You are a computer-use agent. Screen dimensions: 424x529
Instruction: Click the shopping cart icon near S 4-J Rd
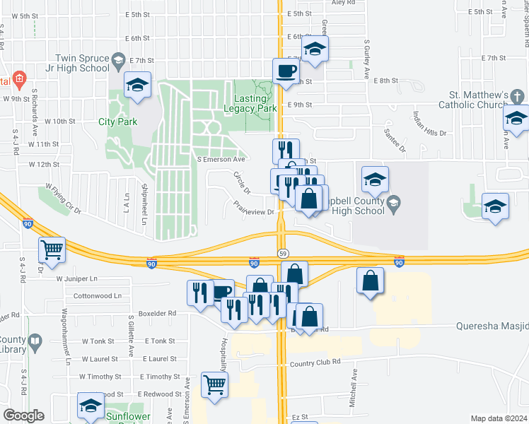tap(52, 249)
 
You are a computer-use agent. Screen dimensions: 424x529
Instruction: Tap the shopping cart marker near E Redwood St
tap(214, 384)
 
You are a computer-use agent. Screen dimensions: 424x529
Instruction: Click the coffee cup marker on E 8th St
tap(286, 71)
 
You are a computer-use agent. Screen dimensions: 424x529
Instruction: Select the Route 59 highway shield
tap(282, 253)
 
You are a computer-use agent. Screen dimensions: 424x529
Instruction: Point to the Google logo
tap(23, 416)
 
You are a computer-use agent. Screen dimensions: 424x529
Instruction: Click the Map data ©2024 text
tap(498, 418)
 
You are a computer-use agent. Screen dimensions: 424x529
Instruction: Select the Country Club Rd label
tap(315, 362)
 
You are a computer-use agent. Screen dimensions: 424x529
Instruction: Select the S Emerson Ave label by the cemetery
tap(216, 160)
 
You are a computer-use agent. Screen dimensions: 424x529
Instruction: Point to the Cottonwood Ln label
tap(98, 295)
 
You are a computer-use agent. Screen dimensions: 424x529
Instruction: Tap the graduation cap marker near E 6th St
tap(315, 49)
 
